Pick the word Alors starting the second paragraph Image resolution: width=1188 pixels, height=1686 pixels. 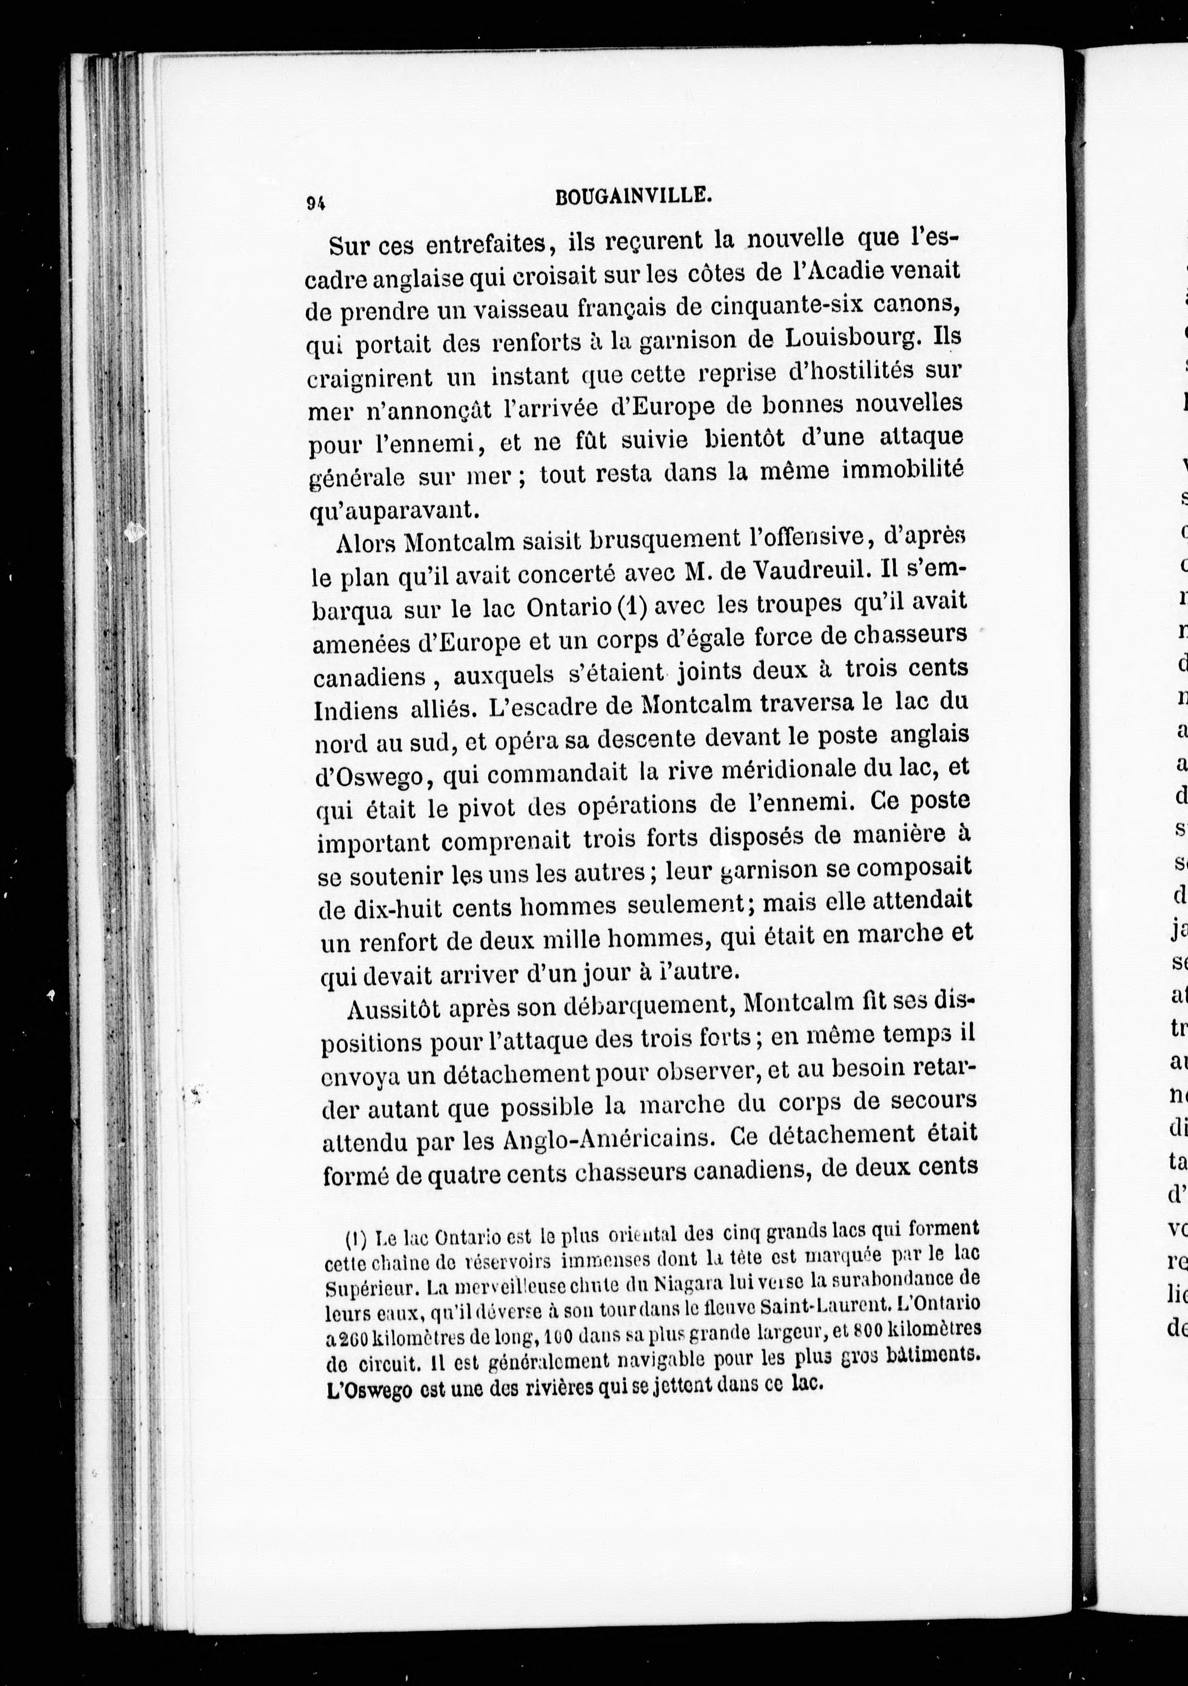pyautogui.click(x=368, y=544)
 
